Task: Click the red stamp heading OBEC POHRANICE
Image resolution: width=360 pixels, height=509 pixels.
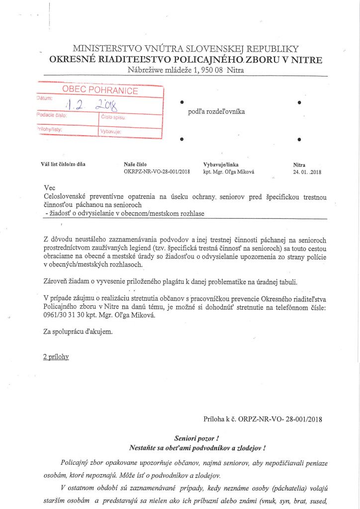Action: coord(100,90)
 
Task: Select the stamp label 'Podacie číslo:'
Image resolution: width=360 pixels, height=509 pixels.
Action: coord(52,115)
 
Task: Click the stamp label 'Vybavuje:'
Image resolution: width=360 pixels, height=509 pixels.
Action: coord(111,132)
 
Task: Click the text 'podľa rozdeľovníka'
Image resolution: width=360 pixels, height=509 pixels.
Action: coord(216,112)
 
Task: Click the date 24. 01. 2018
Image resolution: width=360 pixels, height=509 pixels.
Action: coord(307,172)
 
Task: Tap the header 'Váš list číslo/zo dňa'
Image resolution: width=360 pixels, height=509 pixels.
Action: coord(63,165)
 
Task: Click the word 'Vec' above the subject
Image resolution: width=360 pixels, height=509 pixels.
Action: coord(49,188)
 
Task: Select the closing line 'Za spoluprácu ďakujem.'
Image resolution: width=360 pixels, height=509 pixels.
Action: coord(78,332)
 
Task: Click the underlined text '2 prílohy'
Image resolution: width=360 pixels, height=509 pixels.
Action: coord(56,356)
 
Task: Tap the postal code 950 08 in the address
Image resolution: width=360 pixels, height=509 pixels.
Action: coord(210,70)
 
